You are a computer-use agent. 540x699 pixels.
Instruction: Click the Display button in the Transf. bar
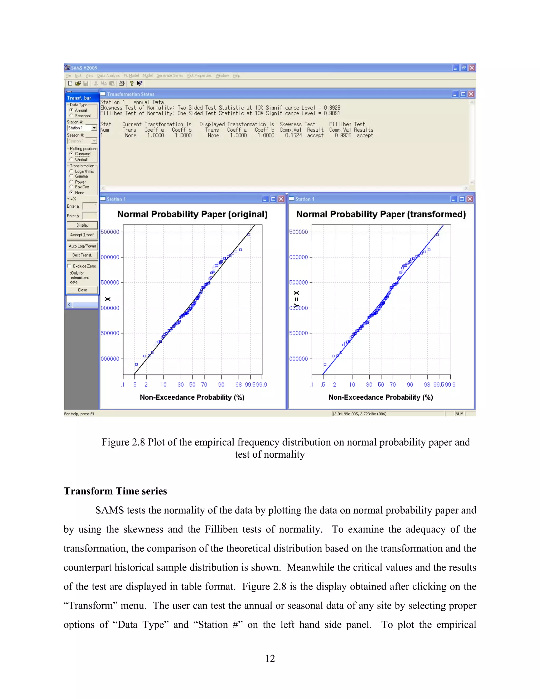(82, 225)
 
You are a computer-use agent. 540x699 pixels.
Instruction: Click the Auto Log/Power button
(82, 246)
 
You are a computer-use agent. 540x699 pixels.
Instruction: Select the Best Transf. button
(82, 255)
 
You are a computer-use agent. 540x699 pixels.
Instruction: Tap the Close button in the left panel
(82, 290)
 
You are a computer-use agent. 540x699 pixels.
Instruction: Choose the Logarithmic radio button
(71, 171)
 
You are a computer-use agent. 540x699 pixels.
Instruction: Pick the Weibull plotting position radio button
(71, 159)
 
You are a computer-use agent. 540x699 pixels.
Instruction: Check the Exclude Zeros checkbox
(69, 266)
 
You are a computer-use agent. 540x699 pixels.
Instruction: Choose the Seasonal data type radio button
(71, 116)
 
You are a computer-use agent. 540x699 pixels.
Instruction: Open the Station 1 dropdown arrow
(94, 128)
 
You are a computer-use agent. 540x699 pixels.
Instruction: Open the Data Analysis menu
(108, 75)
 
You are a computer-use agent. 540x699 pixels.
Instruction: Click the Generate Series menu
(170, 75)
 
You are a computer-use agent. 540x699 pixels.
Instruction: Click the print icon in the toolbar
(122, 84)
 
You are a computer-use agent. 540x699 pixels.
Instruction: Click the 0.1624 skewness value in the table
(293, 135)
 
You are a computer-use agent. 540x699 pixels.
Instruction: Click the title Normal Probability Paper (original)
(192, 214)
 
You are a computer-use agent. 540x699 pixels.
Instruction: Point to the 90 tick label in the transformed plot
(410, 384)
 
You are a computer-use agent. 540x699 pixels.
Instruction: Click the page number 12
(270, 658)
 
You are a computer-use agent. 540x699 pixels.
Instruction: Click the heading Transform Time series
(115, 491)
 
